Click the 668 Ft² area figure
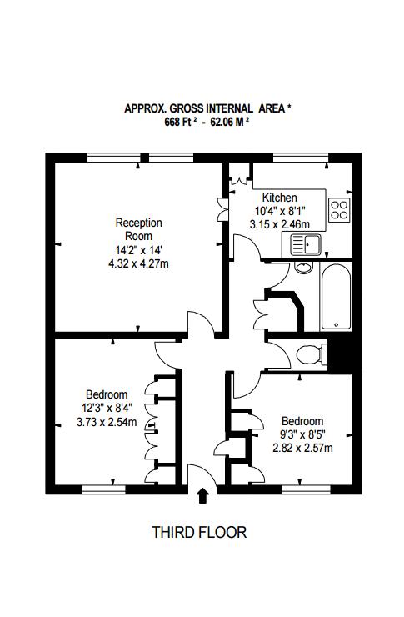click(x=180, y=121)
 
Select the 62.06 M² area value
click(x=229, y=121)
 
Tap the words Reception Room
click(x=138, y=229)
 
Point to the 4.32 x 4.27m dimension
click(x=138, y=263)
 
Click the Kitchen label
click(x=279, y=198)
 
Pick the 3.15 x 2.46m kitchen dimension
click(x=279, y=224)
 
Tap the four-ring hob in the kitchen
click(x=339, y=208)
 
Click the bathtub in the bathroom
click(x=339, y=298)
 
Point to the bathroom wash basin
click(x=304, y=268)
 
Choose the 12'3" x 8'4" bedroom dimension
click(x=107, y=408)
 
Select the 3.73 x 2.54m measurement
click(x=107, y=422)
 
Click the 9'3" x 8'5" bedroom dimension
click(x=302, y=434)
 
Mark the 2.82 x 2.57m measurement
click(x=302, y=448)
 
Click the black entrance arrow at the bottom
click(x=202, y=497)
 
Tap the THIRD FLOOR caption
click(x=199, y=532)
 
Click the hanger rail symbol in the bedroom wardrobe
click(x=152, y=425)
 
